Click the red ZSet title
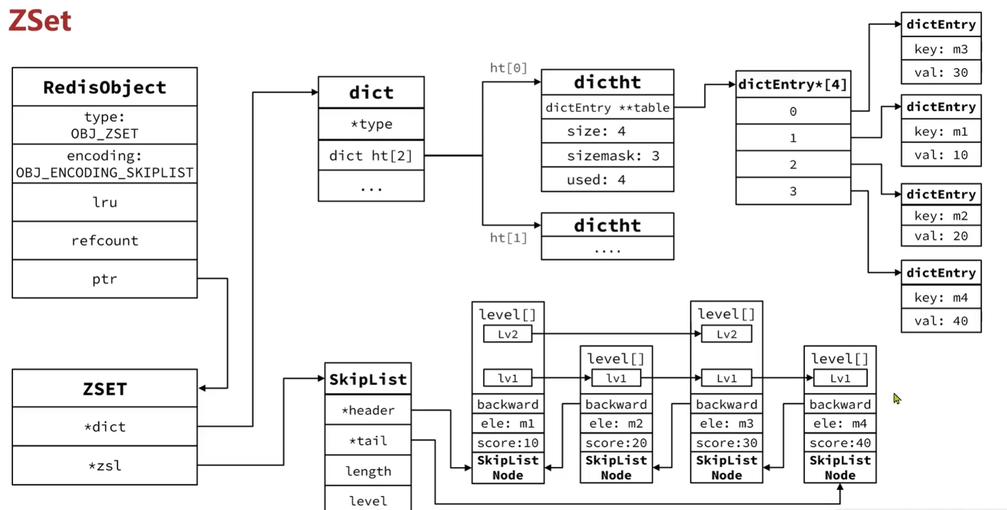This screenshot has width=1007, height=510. point(40,21)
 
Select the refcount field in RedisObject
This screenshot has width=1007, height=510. point(105,241)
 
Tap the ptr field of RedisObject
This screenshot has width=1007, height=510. point(105,279)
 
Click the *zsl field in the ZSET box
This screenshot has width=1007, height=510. point(105,465)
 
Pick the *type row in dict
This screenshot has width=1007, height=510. point(371,124)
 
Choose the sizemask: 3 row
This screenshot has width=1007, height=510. point(608,156)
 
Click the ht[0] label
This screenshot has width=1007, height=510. point(508,68)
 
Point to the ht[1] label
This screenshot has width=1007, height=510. point(508,238)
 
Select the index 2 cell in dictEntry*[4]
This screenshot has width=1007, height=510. point(793,165)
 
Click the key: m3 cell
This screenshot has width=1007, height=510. point(941,49)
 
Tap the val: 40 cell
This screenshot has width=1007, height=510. point(941,321)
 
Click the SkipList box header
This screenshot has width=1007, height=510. point(368,379)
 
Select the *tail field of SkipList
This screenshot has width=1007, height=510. point(368,440)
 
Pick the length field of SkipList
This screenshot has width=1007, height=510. point(368,471)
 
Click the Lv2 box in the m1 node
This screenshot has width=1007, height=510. point(508,334)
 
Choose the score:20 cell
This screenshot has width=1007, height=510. point(616,443)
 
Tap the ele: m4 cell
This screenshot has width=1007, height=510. point(840,423)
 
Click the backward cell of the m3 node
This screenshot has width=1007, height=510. point(726,404)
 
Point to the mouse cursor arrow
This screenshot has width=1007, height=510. point(897,398)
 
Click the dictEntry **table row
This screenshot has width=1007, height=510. point(608,108)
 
